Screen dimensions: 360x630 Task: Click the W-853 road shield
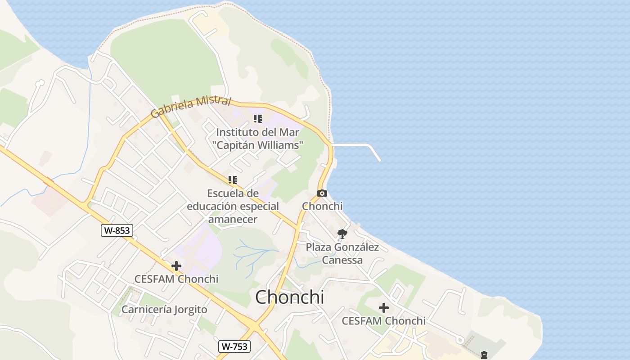pos(117,230)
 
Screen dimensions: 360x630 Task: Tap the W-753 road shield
pos(234,346)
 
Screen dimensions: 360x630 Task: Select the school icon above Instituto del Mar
pos(257,119)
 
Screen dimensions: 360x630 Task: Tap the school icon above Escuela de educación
pos(232,180)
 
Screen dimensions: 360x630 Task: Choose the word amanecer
pos(233,219)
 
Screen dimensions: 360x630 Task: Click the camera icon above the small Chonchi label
pos(322,193)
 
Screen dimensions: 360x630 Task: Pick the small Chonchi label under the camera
pos(322,206)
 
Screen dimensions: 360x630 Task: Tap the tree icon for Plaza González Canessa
pos(342,234)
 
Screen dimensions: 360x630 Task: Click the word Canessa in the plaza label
pos(342,260)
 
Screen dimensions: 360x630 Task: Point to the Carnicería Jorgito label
pos(164,310)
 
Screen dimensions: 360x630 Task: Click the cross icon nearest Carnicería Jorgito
pos(176,266)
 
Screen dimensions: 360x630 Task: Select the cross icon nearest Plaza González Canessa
pos(383,308)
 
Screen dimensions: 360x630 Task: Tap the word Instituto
pos(238,132)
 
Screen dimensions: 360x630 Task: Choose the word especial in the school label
pos(259,206)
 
